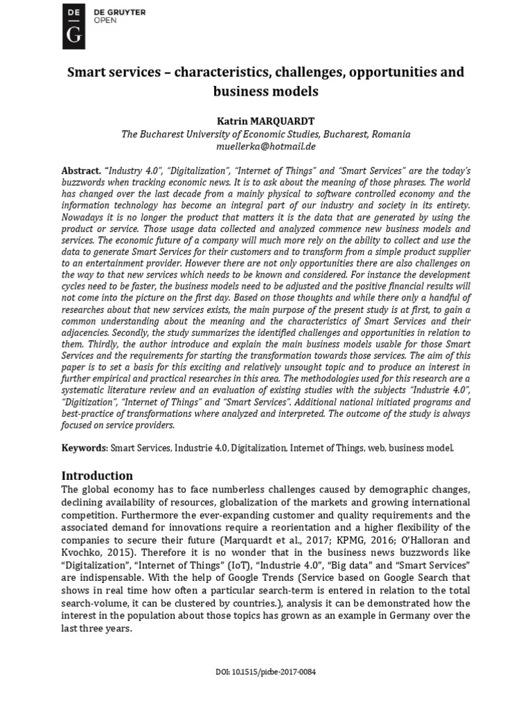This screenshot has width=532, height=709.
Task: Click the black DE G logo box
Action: pos(73,26)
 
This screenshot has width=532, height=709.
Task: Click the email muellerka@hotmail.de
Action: pos(266,147)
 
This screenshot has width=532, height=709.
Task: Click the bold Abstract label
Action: pos(81,170)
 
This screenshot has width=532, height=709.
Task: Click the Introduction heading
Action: pos(97,476)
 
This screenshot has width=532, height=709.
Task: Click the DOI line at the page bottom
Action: pos(266,672)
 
